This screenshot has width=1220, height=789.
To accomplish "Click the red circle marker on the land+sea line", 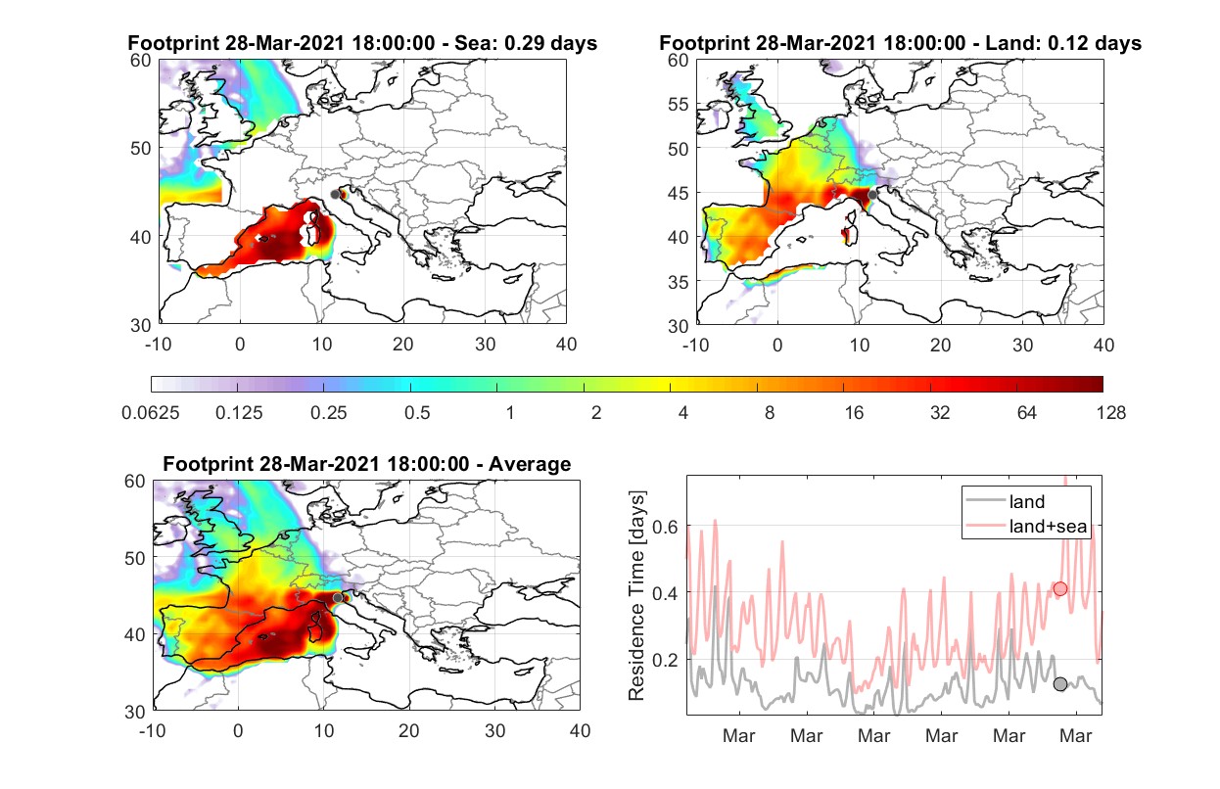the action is coord(1059,588).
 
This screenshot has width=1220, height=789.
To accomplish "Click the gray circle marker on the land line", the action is coord(1059,684).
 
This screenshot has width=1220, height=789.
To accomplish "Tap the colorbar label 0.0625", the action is coord(151,413).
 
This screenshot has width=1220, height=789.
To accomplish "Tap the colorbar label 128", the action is coord(1110,413).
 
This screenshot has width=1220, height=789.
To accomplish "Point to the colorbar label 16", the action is coord(854,413).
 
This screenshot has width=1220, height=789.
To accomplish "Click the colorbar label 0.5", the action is coord(417,413).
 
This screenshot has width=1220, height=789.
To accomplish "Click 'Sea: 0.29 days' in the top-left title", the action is coord(526,43).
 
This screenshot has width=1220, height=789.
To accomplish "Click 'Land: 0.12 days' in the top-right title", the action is coord(1063,43).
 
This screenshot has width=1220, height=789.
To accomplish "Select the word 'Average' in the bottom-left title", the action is coord(530,464).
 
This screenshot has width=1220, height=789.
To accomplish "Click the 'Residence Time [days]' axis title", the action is coord(636,596).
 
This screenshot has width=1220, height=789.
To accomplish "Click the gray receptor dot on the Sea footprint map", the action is coord(335,195).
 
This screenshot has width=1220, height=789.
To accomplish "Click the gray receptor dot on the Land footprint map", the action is coord(872,195).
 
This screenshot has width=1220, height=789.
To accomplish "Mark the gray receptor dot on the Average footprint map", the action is coord(338,598).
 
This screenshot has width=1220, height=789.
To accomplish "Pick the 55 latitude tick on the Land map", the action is coord(679,104).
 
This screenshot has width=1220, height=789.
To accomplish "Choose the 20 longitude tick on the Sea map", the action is coord(403,345).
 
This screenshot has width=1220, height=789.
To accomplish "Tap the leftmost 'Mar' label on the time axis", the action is coord(738,735).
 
